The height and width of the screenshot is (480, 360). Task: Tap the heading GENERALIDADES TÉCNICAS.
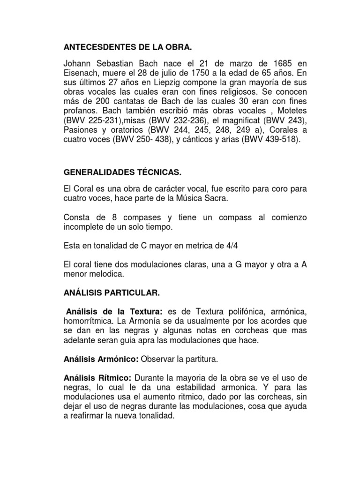[x=122, y=173]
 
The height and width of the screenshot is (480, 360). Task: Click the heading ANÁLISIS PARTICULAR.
[x=112, y=293]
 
